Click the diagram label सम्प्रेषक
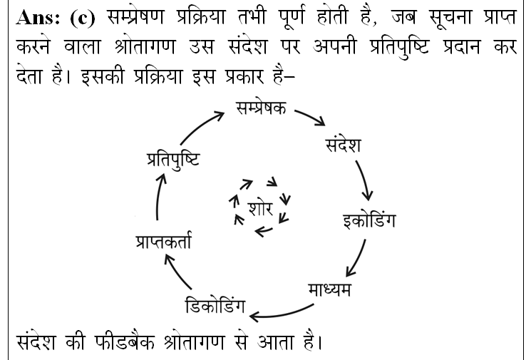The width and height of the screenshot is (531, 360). pos(261,108)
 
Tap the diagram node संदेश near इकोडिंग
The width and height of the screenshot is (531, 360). pos(343,145)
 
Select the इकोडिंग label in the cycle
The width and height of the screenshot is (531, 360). pos(369,220)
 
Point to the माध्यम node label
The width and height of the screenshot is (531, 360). pos(329,290)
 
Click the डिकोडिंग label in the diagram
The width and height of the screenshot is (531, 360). pos(215,306)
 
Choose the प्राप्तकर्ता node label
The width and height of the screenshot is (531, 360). pos(163,241)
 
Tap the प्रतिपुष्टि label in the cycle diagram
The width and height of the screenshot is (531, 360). pos(173,160)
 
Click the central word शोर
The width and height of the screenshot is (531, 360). pos(260,208)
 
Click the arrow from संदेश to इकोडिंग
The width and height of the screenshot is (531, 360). pos(364,180)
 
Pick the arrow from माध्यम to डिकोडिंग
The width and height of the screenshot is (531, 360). pos(281,314)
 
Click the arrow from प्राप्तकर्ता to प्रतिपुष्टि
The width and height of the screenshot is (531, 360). pos(158,197)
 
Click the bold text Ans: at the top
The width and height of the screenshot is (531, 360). pos(38,18)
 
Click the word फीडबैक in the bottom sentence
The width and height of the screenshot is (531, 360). pos(125,341)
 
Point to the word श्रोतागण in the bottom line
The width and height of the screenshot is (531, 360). pos(193,342)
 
